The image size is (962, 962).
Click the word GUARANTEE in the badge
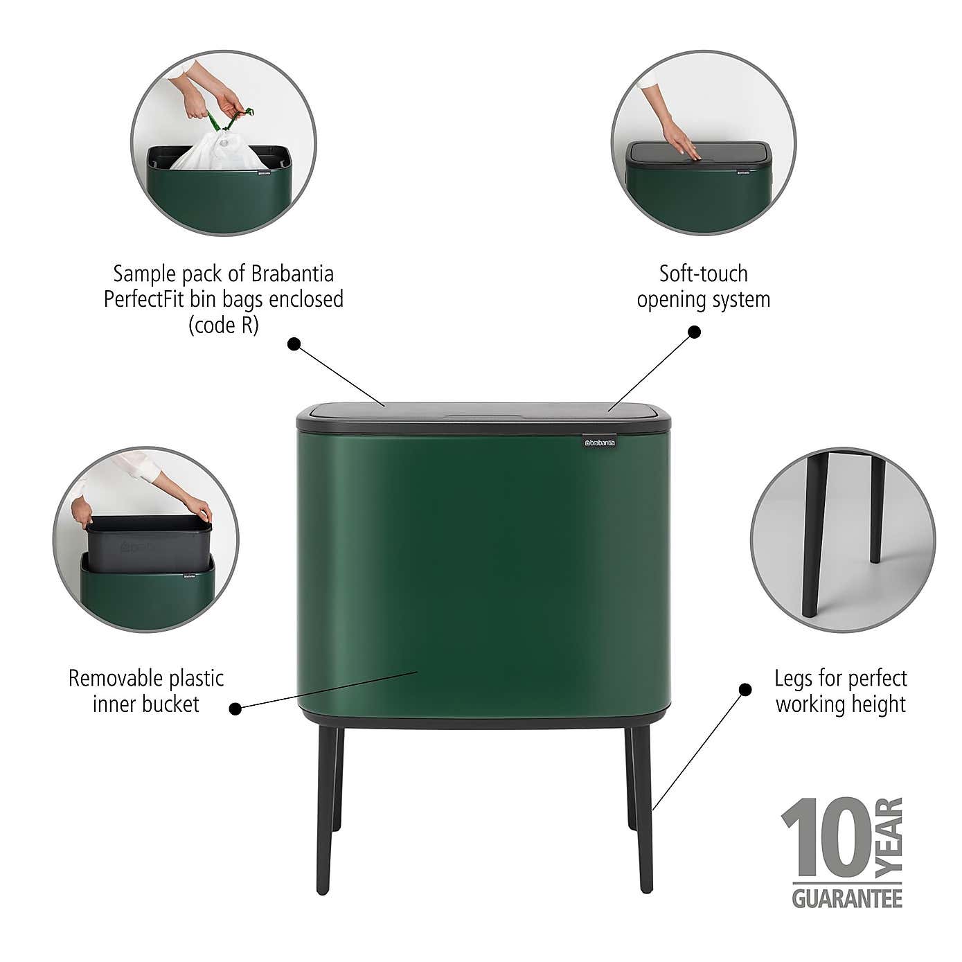click(x=847, y=898)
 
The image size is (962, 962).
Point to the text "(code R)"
click(x=224, y=326)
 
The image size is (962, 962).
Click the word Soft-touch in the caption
click(x=703, y=274)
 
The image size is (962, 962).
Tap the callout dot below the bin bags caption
click(x=294, y=343)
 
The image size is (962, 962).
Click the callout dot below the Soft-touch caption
click(x=695, y=332)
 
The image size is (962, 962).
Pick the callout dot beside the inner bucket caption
click(x=235, y=709)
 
